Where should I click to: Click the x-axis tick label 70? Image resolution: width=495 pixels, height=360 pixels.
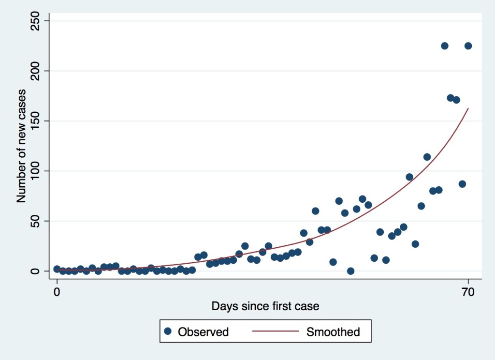(x=468, y=292)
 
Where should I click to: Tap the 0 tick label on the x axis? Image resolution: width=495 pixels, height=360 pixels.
(x=57, y=292)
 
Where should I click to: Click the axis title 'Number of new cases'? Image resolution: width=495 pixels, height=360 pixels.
(x=21, y=146)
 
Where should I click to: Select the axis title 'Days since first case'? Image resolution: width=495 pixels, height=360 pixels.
(x=265, y=306)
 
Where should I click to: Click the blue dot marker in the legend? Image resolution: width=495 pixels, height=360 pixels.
(x=168, y=331)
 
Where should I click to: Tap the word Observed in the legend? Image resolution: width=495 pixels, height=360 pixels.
(x=203, y=332)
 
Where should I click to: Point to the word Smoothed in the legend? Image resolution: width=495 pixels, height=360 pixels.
(x=333, y=332)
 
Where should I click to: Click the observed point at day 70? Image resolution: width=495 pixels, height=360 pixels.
(x=468, y=46)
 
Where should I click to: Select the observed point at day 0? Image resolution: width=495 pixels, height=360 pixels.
(x=57, y=269)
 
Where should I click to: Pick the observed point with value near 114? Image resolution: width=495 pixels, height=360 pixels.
(x=427, y=157)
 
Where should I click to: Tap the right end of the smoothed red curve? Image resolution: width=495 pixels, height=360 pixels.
(x=468, y=108)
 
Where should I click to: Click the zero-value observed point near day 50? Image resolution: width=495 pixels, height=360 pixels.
(x=350, y=271)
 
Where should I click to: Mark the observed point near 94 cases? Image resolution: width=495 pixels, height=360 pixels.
(x=409, y=177)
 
